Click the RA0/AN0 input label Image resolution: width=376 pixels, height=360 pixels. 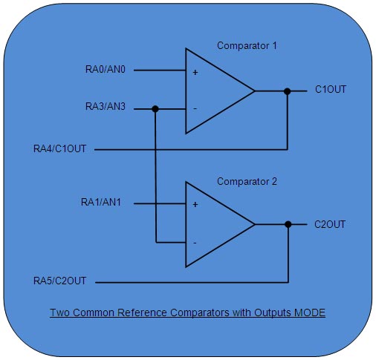[106, 71]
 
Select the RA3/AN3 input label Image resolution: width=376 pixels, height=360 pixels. [106, 108]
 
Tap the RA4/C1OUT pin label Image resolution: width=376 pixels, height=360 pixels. [60, 149]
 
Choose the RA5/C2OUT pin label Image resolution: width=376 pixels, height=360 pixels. [60, 282]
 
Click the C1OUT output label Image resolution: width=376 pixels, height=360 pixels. [331, 91]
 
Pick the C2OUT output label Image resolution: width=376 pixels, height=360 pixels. [331, 223]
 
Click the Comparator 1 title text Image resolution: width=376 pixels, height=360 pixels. [247, 46]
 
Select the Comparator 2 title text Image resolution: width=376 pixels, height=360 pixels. [247, 180]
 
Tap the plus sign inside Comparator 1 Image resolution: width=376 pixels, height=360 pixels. [195, 72]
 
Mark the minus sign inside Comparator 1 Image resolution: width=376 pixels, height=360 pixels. [195, 109]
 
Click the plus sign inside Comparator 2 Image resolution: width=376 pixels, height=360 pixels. [195, 204]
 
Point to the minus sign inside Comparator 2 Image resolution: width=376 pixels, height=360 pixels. [195, 242]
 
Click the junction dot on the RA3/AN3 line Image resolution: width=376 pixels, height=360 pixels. [155, 109]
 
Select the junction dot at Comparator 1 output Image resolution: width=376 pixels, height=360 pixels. [288, 91]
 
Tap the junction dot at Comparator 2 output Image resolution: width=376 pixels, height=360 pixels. [288, 223]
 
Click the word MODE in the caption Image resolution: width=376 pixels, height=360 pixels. [311, 312]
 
